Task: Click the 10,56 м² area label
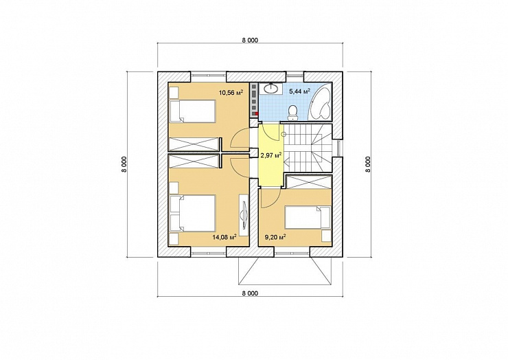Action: point(231,93)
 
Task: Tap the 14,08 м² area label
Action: point(224,237)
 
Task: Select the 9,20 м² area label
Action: point(275,238)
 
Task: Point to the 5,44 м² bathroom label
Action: point(300,91)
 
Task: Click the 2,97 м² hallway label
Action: point(271,156)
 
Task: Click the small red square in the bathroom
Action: point(257,113)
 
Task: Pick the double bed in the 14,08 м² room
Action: point(193,213)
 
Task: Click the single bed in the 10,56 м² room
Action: point(193,111)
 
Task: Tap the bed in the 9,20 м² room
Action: point(308,217)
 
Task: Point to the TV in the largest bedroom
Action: point(244,213)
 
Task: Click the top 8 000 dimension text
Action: point(250,41)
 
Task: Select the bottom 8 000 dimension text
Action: point(250,293)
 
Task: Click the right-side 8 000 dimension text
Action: point(367,165)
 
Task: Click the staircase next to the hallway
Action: point(308,148)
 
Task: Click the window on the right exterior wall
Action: point(338,148)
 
